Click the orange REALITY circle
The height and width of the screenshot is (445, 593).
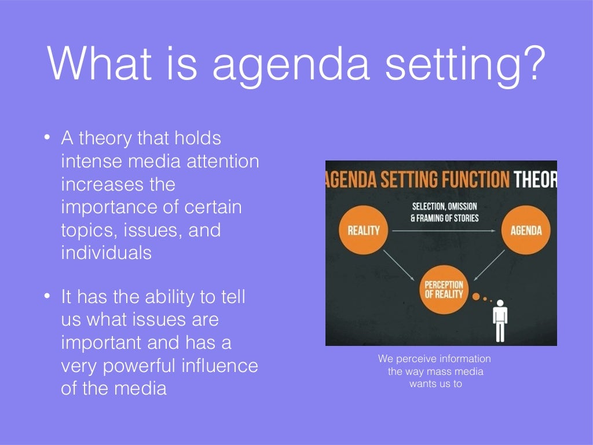click(363, 231)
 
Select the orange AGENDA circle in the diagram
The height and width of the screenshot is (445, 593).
click(526, 231)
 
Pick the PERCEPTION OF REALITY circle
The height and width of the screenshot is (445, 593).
click(444, 289)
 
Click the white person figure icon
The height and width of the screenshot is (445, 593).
click(499, 320)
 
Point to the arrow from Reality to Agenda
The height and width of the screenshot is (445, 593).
click(444, 231)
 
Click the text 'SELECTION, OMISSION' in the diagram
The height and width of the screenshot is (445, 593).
click(445, 207)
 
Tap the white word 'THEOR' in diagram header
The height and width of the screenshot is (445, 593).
click(535, 180)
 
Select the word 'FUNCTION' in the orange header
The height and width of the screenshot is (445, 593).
click(471, 180)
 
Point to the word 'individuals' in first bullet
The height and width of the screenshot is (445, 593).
click(106, 253)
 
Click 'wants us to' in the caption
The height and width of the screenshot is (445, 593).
click(435, 384)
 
